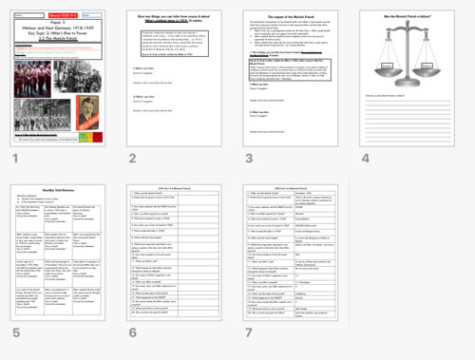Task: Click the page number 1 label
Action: click(15, 158)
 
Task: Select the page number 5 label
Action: click(15, 333)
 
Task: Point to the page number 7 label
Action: click(248, 333)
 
